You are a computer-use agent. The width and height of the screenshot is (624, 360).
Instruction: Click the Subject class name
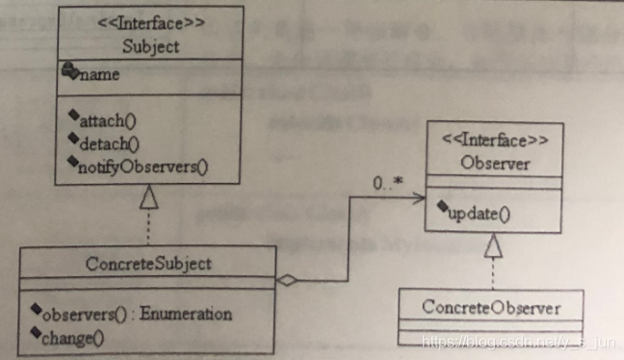(150, 44)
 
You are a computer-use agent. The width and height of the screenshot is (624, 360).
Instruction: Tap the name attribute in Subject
(101, 74)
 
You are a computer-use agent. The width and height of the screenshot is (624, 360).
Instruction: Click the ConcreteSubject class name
(150, 263)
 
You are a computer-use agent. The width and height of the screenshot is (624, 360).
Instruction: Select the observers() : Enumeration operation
(164, 314)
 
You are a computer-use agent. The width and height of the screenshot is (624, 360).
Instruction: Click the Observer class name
(495, 164)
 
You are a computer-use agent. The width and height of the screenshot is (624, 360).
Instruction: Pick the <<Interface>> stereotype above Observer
(495, 141)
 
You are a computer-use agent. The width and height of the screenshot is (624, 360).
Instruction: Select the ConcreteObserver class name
(491, 308)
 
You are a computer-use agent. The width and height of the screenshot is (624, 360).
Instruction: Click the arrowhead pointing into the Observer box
(421, 198)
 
